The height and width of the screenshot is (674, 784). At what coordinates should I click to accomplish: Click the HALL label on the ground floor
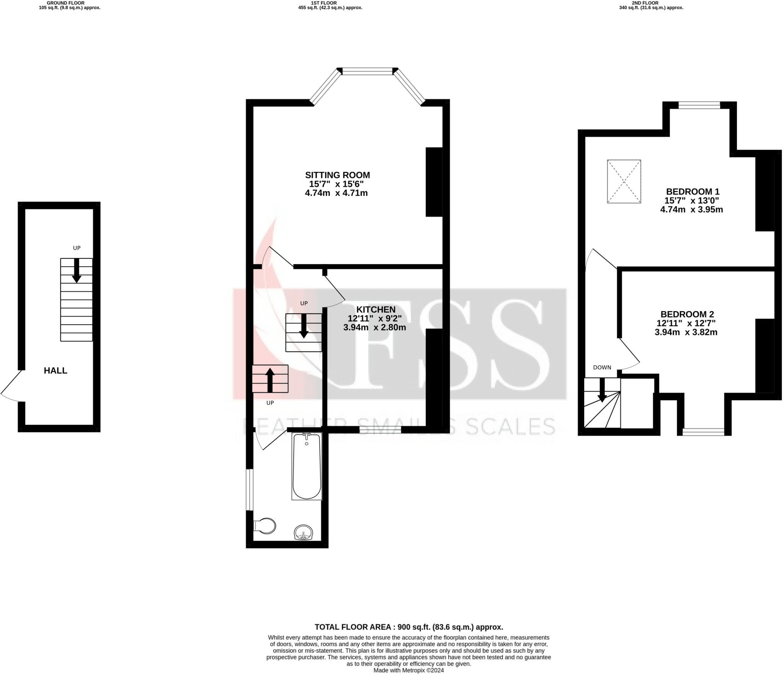click(56, 370)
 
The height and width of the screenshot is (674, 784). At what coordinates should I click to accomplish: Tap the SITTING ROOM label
click(337, 175)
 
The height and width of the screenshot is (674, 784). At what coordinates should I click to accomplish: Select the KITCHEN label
click(376, 309)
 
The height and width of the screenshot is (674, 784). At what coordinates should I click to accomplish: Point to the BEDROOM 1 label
click(693, 192)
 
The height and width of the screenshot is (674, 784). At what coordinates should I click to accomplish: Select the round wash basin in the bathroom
click(303, 532)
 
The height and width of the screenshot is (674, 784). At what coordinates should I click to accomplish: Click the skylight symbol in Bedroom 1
click(624, 181)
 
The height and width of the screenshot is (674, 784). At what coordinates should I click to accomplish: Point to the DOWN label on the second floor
click(602, 367)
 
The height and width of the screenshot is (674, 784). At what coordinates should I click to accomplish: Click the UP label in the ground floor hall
click(77, 248)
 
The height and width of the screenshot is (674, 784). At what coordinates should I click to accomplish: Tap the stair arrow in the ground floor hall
click(77, 270)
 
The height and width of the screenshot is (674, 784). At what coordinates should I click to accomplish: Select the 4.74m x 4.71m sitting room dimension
click(336, 193)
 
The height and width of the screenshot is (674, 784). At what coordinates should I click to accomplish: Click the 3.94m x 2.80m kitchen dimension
click(374, 328)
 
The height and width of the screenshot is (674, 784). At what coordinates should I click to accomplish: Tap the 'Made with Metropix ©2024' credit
click(408, 670)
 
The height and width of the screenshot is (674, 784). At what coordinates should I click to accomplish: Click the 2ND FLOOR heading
click(651, 3)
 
